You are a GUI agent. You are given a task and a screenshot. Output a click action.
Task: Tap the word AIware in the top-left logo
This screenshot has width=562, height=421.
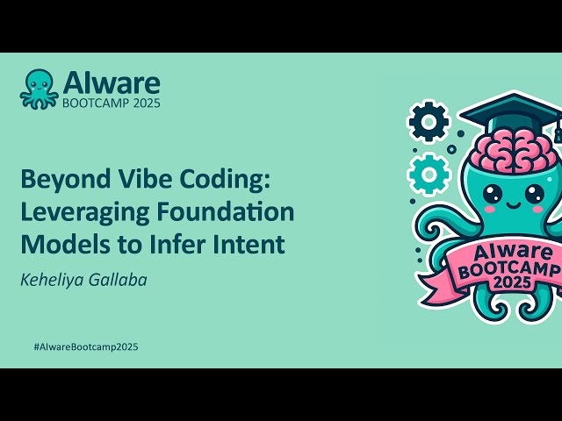pyautogui.click(x=111, y=83)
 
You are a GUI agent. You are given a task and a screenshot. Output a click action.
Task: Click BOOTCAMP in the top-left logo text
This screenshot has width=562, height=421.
pyautogui.click(x=94, y=102)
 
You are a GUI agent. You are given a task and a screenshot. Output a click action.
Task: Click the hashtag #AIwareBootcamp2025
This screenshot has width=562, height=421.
pyautogui.click(x=85, y=346)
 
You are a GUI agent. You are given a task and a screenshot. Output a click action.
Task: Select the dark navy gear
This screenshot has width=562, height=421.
pyautogui.click(x=429, y=121)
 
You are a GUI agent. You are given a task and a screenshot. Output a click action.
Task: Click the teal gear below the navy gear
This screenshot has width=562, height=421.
pyautogui.click(x=429, y=173)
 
